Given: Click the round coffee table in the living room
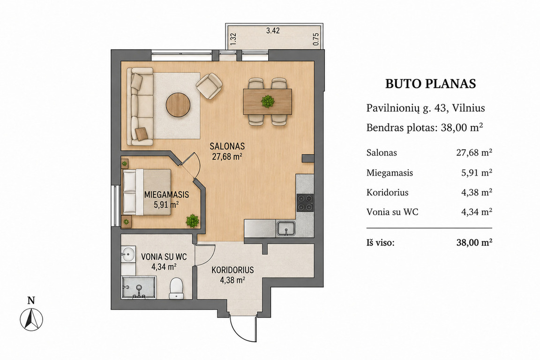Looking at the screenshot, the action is point(179,105).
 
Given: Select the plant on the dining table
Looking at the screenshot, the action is point(268,102).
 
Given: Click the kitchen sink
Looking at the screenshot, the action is point(285,229).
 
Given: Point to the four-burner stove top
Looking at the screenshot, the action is point(305,203).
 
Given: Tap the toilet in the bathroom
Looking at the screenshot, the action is point(176,289).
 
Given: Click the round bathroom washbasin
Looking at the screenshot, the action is point(127,255).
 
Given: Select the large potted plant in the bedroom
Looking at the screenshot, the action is point(193,220).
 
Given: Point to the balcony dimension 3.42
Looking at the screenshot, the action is point(273,30).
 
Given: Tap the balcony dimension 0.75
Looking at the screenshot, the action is point(316,39).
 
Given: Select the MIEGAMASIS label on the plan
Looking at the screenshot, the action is point(167,195).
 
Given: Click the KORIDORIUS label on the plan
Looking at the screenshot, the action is point(232,270).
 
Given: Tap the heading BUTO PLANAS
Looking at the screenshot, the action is point(430,84).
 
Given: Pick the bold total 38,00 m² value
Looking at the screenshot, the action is point(474,242).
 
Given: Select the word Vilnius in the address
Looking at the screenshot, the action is point(469,108).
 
